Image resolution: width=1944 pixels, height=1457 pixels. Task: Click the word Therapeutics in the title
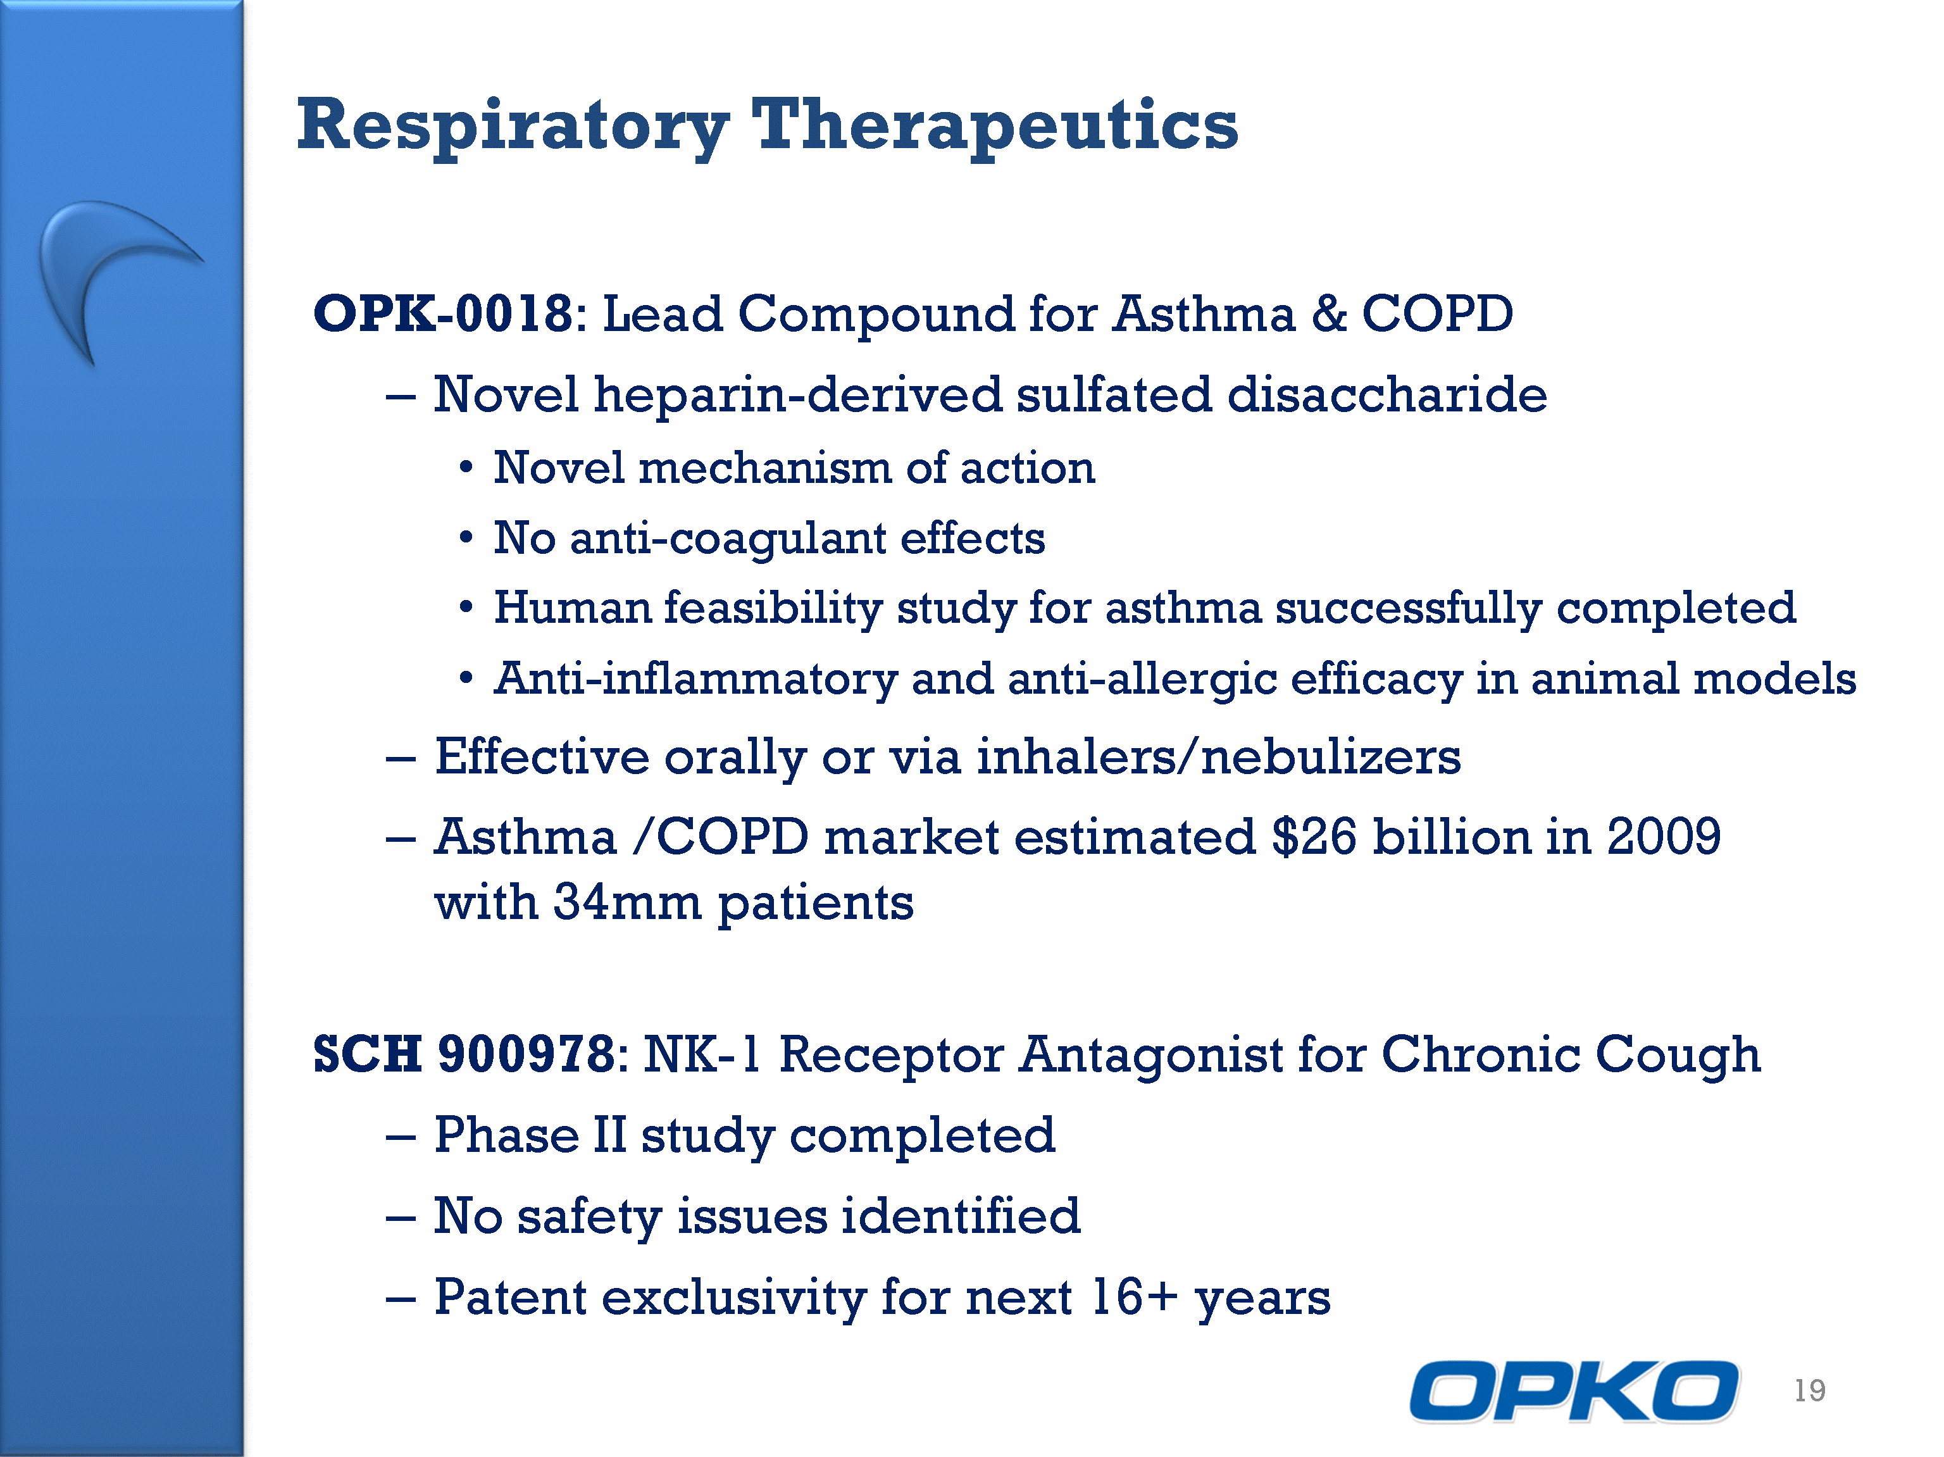(995, 126)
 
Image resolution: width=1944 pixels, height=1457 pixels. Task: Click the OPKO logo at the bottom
(1574, 1390)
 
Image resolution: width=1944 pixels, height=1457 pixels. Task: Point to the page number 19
(1810, 1390)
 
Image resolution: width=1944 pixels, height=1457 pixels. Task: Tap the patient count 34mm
(628, 903)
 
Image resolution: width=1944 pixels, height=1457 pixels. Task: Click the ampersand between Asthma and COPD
(1329, 314)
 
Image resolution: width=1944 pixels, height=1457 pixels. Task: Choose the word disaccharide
(1387, 394)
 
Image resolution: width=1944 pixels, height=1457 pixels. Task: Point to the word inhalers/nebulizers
(1219, 756)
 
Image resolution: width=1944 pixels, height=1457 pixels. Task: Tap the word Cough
(1678, 1054)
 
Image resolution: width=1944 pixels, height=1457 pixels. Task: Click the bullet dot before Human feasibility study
(466, 607)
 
